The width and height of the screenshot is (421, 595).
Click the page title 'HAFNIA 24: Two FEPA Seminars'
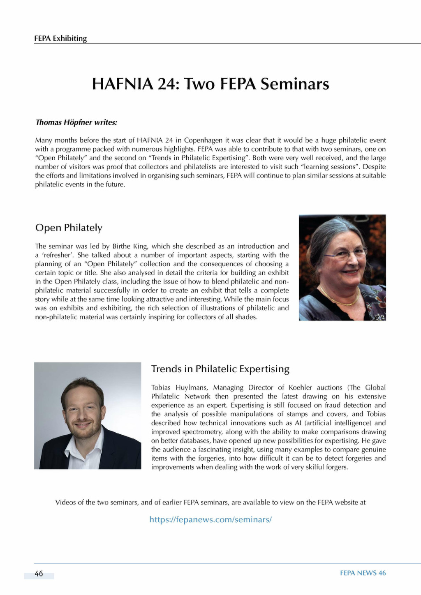[x=210, y=84]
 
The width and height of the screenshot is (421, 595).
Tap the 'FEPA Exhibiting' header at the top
[x=60, y=38]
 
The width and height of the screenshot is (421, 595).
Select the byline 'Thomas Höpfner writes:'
[x=76, y=122]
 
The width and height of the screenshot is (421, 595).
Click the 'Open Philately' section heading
[x=69, y=228]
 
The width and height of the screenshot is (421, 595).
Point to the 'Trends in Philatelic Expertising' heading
[x=220, y=369]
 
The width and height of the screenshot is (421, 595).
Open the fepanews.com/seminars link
[x=210, y=519]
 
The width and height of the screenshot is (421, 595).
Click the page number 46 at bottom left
[x=39, y=574]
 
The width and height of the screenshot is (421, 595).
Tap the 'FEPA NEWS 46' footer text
[x=363, y=573]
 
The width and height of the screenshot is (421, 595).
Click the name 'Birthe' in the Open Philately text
[x=121, y=246]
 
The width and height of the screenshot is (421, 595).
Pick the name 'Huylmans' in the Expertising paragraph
[x=193, y=387]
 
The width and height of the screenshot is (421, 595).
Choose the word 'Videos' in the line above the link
[x=65, y=502]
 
